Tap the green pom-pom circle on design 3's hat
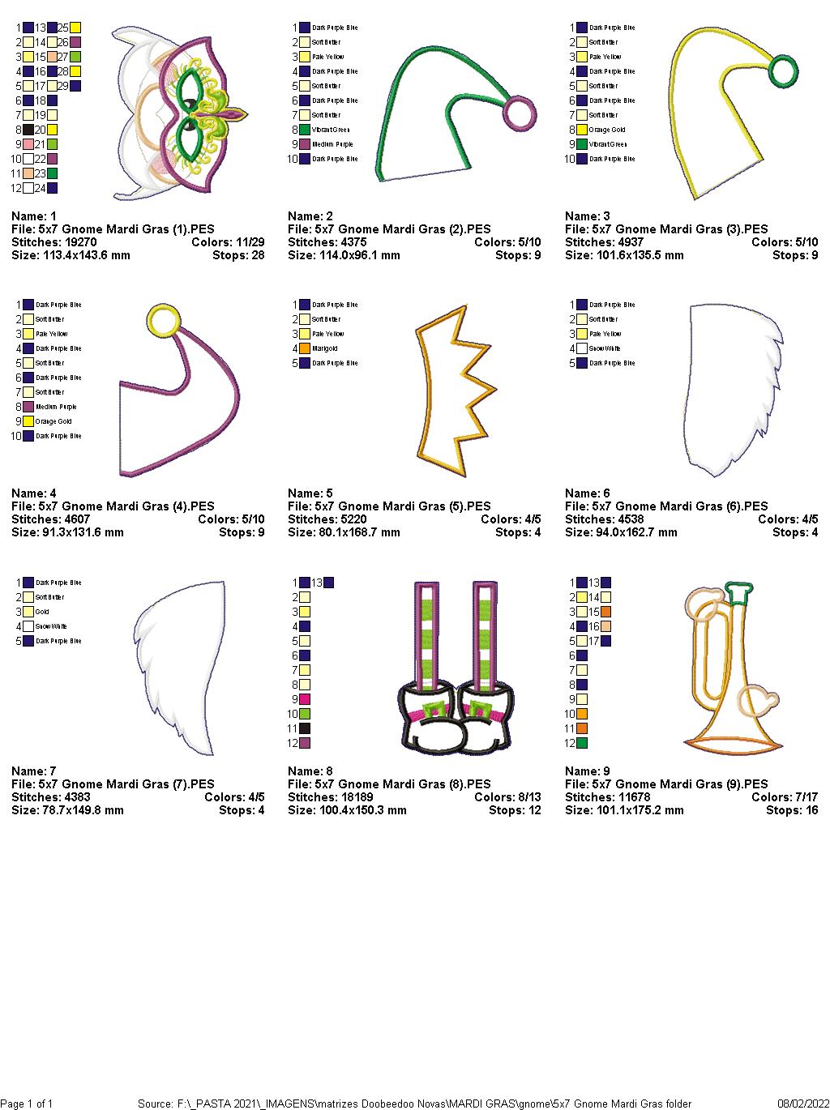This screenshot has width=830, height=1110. (782, 71)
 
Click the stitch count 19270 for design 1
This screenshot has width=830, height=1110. (79, 242)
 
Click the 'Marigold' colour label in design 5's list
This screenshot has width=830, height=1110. (324, 348)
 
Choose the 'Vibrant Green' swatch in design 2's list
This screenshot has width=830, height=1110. (306, 130)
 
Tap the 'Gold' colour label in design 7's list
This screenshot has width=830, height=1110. (42, 612)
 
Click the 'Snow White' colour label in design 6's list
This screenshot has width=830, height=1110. (605, 348)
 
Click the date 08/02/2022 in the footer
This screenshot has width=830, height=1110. (802, 1104)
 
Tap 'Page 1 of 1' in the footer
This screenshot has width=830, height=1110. (27, 1104)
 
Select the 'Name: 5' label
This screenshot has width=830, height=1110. (310, 493)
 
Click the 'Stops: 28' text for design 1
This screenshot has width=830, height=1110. (242, 255)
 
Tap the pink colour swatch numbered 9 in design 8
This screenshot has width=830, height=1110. (306, 699)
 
